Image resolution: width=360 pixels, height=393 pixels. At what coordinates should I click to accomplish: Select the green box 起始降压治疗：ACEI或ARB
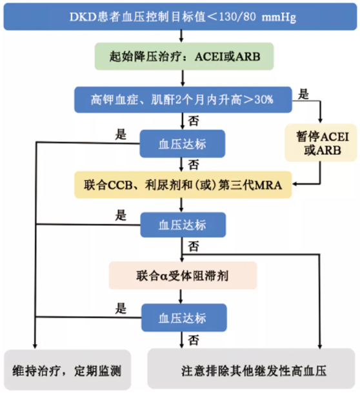pyautogui.click(x=182, y=57)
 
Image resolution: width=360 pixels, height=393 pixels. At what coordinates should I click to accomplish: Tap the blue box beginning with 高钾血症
pyautogui.click(x=183, y=99)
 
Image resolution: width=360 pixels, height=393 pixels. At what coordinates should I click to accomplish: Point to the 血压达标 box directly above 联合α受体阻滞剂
pyautogui.click(x=183, y=225)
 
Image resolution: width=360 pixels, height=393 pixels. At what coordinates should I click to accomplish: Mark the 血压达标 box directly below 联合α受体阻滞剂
pyautogui.click(x=183, y=317)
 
